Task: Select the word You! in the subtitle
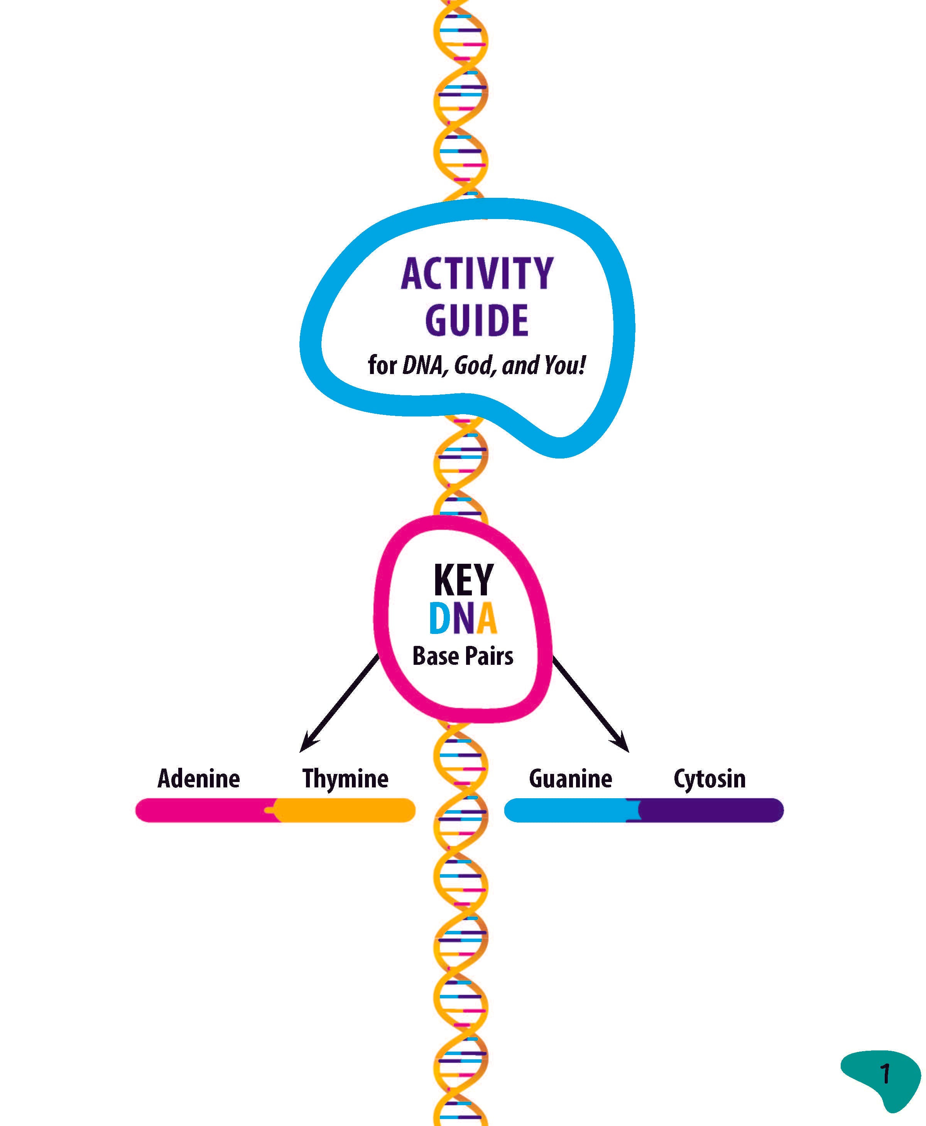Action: (x=564, y=365)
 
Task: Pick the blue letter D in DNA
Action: (x=439, y=619)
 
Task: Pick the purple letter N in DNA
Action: (x=463, y=619)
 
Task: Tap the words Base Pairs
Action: (x=463, y=656)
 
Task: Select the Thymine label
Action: (x=345, y=779)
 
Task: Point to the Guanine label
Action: (x=570, y=779)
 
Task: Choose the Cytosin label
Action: (x=710, y=779)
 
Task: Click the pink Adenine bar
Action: (x=203, y=810)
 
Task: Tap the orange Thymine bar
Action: (x=347, y=810)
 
